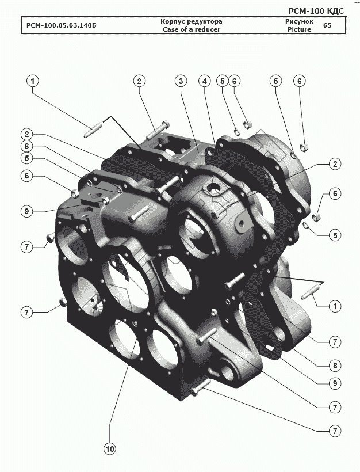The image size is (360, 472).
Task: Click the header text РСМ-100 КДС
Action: pyautogui.click(x=316, y=11)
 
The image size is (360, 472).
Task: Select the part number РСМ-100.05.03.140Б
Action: pyautogui.click(x=62, y=25)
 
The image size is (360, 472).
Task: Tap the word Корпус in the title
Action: pyautogui.click(x=173, y=22)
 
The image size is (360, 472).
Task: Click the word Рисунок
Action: pyautogui.click(x=299, y=22)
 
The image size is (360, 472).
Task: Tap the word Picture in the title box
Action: pyautogui.click(x=299, y=29)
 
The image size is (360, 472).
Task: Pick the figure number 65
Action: pyautogui.click(x=327, y=25)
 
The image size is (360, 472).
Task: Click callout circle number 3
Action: pyautogui.click(x=181, y=81)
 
